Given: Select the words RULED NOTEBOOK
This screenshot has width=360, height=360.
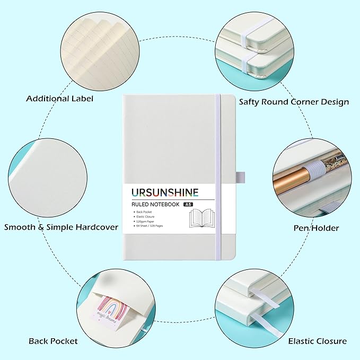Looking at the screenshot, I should coord(154,204).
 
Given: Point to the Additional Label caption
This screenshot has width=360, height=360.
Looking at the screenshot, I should coord(60,99).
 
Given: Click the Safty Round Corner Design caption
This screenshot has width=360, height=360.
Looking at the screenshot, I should coord(294,101).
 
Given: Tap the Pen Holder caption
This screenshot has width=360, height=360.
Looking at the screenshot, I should coord(317,228).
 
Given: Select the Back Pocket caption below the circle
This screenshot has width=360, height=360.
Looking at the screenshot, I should coord(53,340).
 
